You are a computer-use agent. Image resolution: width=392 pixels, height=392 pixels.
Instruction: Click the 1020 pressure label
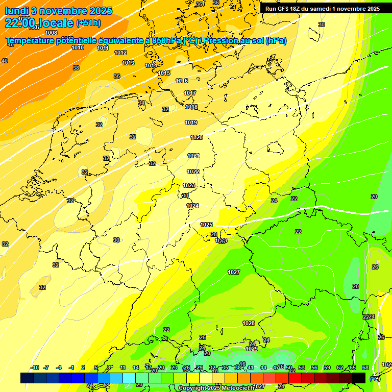pos(197,137)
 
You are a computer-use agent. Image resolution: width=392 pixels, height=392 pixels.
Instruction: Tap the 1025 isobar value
pos(206,225)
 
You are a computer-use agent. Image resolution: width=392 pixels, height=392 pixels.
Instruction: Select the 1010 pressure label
pos(78,47)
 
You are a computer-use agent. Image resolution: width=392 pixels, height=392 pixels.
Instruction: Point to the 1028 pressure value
pos(249,323)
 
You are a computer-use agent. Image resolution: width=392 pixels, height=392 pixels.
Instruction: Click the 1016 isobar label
pos(182,81)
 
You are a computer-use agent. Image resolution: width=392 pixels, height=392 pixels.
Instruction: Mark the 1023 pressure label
pos(189,185)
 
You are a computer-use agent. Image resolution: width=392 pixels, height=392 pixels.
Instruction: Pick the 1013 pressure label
pos(128,63)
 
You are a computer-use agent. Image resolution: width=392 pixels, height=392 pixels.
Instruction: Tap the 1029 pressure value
pos(252,349)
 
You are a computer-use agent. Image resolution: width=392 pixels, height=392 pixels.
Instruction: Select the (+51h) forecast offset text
pos(89,23)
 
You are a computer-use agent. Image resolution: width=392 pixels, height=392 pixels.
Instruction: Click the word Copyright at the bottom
pos(194,388)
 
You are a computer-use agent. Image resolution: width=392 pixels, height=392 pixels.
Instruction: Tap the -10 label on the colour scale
pos(35,367)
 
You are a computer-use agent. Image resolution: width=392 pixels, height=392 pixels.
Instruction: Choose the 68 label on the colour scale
pos(365,367)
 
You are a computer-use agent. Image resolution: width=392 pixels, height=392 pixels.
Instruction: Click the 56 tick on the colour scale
pos(314,367)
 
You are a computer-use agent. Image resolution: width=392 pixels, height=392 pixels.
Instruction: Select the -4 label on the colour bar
pos(59,367)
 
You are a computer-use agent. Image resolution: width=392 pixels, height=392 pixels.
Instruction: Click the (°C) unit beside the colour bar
pos(375,378)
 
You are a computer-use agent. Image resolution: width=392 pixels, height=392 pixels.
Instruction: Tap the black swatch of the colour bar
pos(359,378)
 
